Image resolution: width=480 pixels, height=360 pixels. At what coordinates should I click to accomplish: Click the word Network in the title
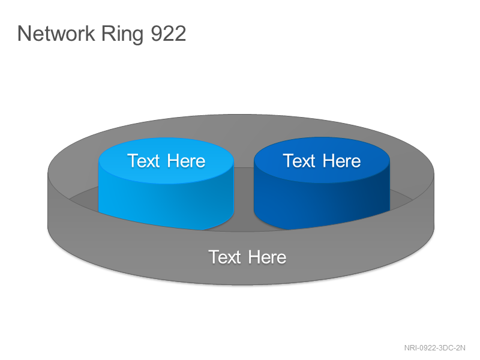[56, 34]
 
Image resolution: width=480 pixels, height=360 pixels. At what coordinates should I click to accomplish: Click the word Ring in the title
[122, 35]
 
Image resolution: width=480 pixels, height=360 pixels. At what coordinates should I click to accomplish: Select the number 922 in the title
[169, 34]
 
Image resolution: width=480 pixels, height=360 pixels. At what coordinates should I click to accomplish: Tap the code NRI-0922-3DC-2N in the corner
[434, 348]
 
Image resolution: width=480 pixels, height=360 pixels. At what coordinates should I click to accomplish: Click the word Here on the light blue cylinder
[186, 161]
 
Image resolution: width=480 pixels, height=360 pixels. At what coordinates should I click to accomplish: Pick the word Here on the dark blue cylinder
[341, 161]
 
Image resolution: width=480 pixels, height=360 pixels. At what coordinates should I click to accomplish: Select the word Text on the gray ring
[224, 257]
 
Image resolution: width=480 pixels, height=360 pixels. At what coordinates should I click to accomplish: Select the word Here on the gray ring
[267, 257]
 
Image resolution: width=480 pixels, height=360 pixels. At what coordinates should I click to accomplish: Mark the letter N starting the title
[24, 34]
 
